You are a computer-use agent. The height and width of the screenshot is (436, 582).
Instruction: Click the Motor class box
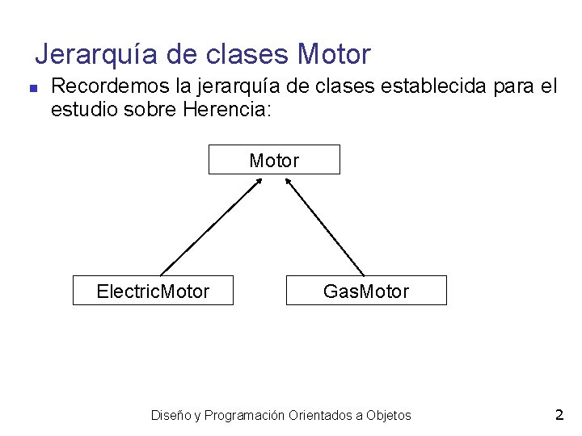[274, 160]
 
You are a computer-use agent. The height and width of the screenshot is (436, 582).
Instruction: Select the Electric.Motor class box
[153, 291]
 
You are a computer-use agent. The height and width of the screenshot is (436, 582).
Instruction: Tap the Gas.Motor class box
[365, 291]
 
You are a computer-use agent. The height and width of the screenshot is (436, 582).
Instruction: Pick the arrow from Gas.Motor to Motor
[325, 226]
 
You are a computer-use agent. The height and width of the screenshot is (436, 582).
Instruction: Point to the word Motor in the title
[334, 55]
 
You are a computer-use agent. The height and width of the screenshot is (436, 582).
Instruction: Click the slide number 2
[559, 415]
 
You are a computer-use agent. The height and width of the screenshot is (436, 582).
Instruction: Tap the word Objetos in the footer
[389, 416]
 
